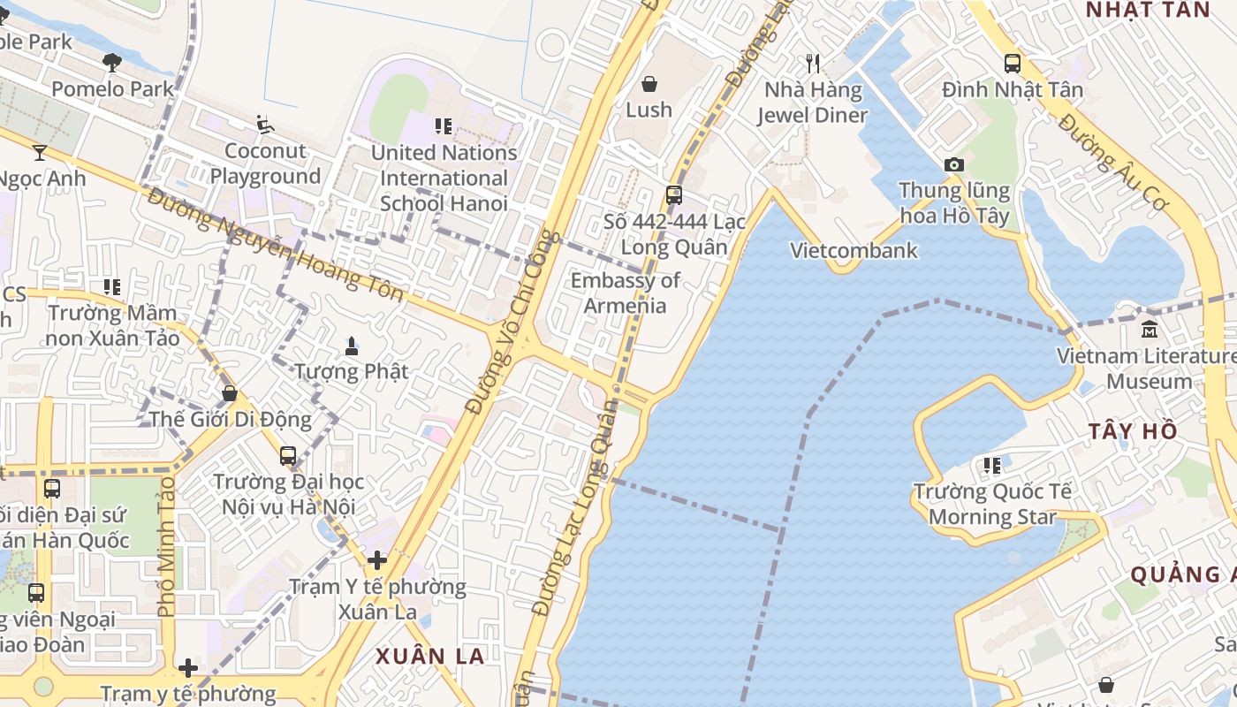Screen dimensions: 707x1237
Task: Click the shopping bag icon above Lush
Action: (649, 84)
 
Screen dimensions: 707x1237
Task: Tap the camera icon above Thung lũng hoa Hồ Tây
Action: (953, 164)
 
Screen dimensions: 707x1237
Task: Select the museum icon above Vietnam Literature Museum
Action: (1150, 330)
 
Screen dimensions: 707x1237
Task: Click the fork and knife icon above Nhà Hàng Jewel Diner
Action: (813, 64)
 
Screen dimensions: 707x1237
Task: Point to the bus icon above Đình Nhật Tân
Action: (1013, 64)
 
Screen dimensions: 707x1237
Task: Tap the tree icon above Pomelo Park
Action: (112, 63)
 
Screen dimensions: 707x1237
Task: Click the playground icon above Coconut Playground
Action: (264, 125)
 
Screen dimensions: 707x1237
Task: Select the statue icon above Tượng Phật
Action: (352, 346)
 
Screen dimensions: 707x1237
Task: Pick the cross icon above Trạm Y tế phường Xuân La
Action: (377, 560)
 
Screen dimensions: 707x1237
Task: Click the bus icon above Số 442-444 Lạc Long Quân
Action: (674, 195)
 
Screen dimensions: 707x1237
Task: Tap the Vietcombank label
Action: (854, 251)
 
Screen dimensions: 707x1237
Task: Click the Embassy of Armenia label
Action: (625, 293)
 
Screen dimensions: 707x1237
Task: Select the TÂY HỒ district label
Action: (1133, 431)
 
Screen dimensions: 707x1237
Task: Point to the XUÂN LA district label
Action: (430, 657)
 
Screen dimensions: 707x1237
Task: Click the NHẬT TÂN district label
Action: (1147, 10)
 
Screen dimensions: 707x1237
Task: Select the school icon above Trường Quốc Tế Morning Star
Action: (992, 465)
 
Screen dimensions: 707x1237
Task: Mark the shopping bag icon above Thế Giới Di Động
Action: (230, 393)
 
